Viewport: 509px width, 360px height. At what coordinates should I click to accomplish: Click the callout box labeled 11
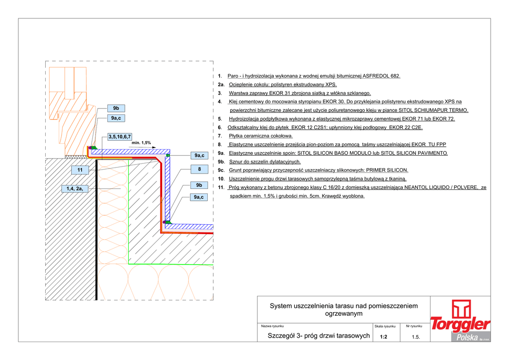coord(80,170)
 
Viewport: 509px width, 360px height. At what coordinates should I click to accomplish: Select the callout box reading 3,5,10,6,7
coord(120,136)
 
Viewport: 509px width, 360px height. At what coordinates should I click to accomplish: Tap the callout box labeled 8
coord(199,170)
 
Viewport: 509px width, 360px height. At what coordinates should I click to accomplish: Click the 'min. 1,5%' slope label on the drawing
coord(141,143)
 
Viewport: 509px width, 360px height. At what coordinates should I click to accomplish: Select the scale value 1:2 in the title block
coord(383,337)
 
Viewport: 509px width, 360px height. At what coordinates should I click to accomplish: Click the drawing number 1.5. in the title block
coord(416,337)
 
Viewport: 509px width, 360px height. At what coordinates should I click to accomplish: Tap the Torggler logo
coord(460,318)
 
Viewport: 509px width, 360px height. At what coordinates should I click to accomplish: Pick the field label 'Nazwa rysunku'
coord(272,326)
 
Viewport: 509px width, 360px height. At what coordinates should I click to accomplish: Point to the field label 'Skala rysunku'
coord(385,326)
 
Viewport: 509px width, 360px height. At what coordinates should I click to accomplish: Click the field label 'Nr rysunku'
coord(414,326)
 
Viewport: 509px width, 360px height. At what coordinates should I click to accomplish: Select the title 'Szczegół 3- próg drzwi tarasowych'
coord(319,336)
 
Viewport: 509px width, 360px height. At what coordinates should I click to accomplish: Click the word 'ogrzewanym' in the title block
coord(343,314)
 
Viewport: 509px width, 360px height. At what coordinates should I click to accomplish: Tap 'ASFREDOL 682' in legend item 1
coord(381,76)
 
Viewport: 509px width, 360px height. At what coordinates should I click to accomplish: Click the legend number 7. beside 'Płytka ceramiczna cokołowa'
coord(220,136)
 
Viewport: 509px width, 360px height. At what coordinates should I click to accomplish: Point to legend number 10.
coord(221,179)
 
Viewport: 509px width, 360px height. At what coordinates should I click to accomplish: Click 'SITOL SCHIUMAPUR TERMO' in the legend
coord(433,110)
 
